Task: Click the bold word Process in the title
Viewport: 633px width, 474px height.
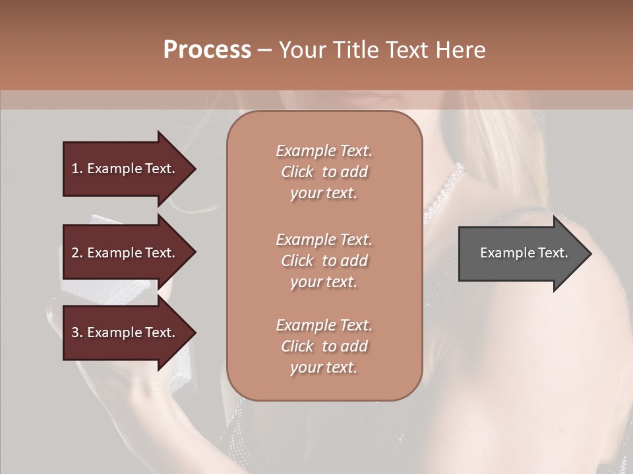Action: point(207,50)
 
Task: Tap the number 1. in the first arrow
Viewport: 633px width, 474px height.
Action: point(77,169)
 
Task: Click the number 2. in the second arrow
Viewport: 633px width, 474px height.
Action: point(77,253)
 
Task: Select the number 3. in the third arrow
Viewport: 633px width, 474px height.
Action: point(77,332)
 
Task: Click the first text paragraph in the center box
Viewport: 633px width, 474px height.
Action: point(324,172)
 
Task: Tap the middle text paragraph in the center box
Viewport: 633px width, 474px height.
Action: point(324,261)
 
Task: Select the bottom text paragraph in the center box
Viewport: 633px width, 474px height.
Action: point(324,346)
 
